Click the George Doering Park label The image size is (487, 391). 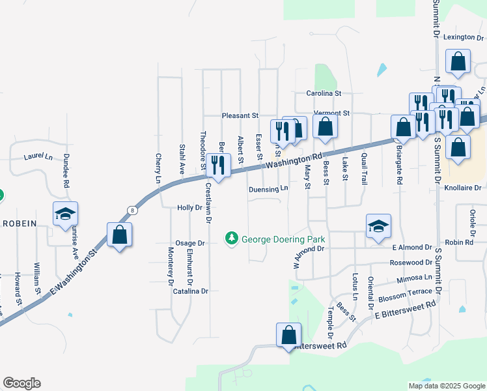click(283, 239)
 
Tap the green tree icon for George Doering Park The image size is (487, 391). click(231, 239)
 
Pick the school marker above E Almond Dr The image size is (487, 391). click(378, 227)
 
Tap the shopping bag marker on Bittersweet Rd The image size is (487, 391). click(288, 336)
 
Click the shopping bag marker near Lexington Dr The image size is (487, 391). click(458, 62)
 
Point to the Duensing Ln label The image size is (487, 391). click(268, 189)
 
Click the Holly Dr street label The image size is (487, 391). click(190, 208)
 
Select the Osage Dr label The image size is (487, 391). click(192, 243)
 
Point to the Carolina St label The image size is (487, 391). click(324, 94)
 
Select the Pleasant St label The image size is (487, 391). click(240, 115)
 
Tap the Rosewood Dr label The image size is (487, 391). click(411, 263)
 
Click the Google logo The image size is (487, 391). click(21, 383)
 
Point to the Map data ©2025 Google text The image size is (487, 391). click(446, 386)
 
